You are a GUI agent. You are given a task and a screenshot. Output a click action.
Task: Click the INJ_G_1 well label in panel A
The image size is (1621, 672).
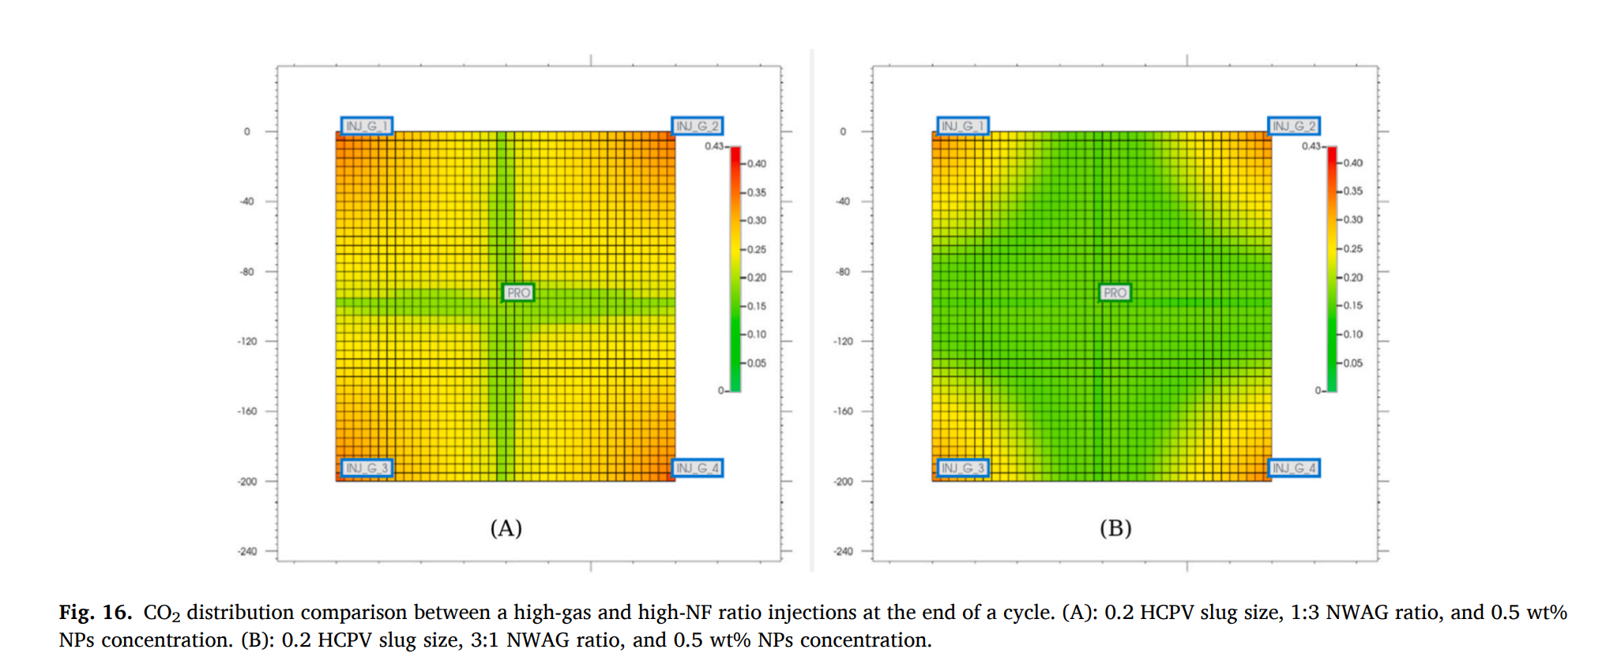(367, 126)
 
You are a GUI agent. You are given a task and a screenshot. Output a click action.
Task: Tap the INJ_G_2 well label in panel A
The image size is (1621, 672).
(697, 126)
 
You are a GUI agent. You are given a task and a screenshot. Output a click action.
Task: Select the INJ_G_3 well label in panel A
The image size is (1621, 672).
(367, 468)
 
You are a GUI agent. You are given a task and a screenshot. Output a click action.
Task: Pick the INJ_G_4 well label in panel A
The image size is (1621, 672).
(697, 468)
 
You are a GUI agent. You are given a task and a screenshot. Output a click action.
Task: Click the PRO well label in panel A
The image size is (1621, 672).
(518, 293)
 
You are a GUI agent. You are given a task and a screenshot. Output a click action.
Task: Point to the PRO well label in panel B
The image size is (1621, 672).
(1115, 293)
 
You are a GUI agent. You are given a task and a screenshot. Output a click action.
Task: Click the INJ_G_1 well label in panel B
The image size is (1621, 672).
(963, 126)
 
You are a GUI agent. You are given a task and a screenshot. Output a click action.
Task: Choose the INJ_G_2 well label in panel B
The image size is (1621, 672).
(1294, 126)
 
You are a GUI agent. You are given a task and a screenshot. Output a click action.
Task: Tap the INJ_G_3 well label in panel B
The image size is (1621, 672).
(963, 468)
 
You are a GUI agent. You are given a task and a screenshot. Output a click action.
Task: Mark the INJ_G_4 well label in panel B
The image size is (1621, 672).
(1294, 468)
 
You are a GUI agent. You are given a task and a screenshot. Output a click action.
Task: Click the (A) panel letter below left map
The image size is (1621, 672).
(506, 528)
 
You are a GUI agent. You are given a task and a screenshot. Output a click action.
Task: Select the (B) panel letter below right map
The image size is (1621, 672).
(1115, 528)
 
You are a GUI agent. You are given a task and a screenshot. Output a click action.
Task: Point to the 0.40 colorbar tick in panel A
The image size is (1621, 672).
(756, 164)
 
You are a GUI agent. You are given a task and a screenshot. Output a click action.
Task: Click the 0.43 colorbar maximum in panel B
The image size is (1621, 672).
(1311, 146)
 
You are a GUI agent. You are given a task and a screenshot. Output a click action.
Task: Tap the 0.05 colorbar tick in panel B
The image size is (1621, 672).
(1352, 363)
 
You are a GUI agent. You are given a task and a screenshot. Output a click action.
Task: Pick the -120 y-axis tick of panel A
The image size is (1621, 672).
(247, 342)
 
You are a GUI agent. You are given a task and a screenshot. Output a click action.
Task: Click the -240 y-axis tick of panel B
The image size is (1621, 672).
(843, 551)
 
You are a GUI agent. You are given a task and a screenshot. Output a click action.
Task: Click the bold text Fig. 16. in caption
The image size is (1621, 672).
(95, 613)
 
